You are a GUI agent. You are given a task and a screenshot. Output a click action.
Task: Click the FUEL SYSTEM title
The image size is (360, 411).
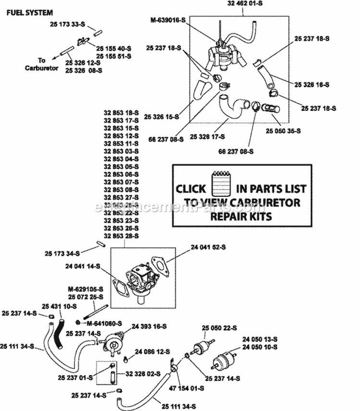click(30, 13)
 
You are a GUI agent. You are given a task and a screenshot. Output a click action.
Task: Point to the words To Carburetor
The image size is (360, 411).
click(42, 64)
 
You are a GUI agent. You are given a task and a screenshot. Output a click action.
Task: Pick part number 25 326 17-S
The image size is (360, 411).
click(207, 137)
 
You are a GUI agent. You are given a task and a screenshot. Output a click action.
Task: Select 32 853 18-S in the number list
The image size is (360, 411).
click(121, 113)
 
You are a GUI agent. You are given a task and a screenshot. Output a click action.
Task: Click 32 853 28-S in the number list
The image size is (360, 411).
click(121, 236)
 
